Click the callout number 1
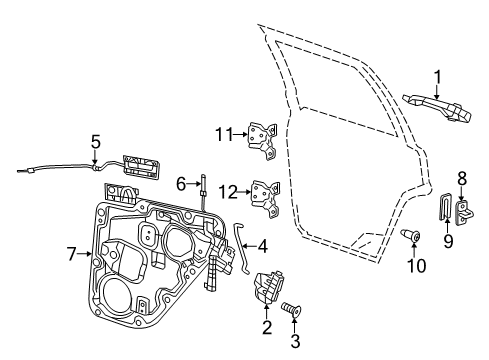(x=436, y=76)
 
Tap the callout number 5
(x=96, y=141)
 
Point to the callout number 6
(x=182, y=184)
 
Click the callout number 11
(x=225, y=132)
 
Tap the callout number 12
(x=227, y=190)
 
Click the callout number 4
(x=262, y=246)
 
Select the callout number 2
(x=266, y=326)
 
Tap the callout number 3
(x=295, y=341)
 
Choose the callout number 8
(x=463, y=177)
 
